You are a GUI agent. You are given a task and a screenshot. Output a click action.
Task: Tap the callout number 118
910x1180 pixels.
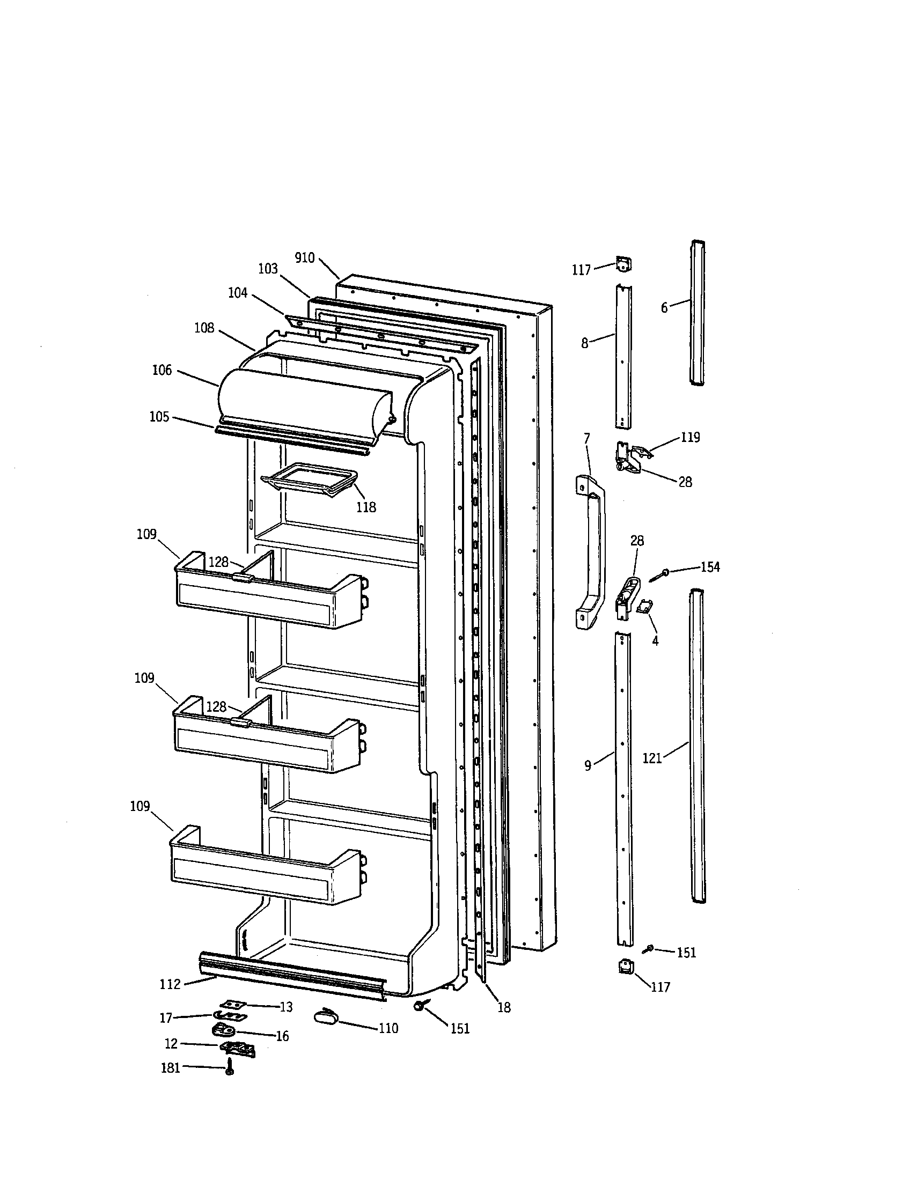tap(366, 507)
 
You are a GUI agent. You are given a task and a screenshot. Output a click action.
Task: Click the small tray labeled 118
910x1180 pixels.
tap(309, 478)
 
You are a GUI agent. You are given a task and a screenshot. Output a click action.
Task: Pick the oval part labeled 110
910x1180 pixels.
tap(325, 1017)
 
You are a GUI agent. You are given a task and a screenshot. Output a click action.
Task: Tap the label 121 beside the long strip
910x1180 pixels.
tap(652, 758)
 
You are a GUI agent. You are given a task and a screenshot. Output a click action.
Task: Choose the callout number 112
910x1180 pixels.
tap(170, 984)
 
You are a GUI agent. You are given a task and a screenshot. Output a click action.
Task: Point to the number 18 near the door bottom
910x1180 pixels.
tap(504, 1007)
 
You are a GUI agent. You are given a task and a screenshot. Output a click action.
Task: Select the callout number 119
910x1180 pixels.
tap(690, 437)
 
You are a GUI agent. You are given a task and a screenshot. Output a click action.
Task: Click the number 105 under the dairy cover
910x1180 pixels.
tap(159, 417)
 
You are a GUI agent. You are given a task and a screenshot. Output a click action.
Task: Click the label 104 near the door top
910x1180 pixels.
tap(238, 293)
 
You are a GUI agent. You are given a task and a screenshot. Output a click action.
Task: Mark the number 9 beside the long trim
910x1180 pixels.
tap(588, 765)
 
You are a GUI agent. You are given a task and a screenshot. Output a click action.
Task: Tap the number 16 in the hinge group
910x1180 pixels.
tap(282, 1036)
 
